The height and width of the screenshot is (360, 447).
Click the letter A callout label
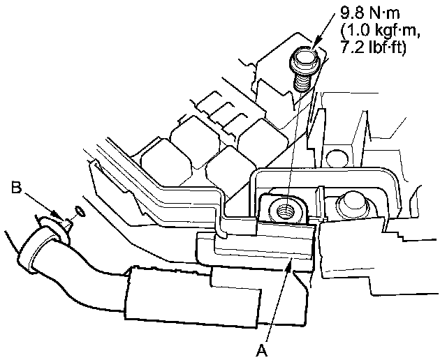[x=261, y=350]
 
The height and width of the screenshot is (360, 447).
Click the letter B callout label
[x=17, y=188]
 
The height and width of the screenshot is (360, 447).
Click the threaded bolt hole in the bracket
[x=286, y=211]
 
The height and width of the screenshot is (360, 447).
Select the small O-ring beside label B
[x=80, y=211]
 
